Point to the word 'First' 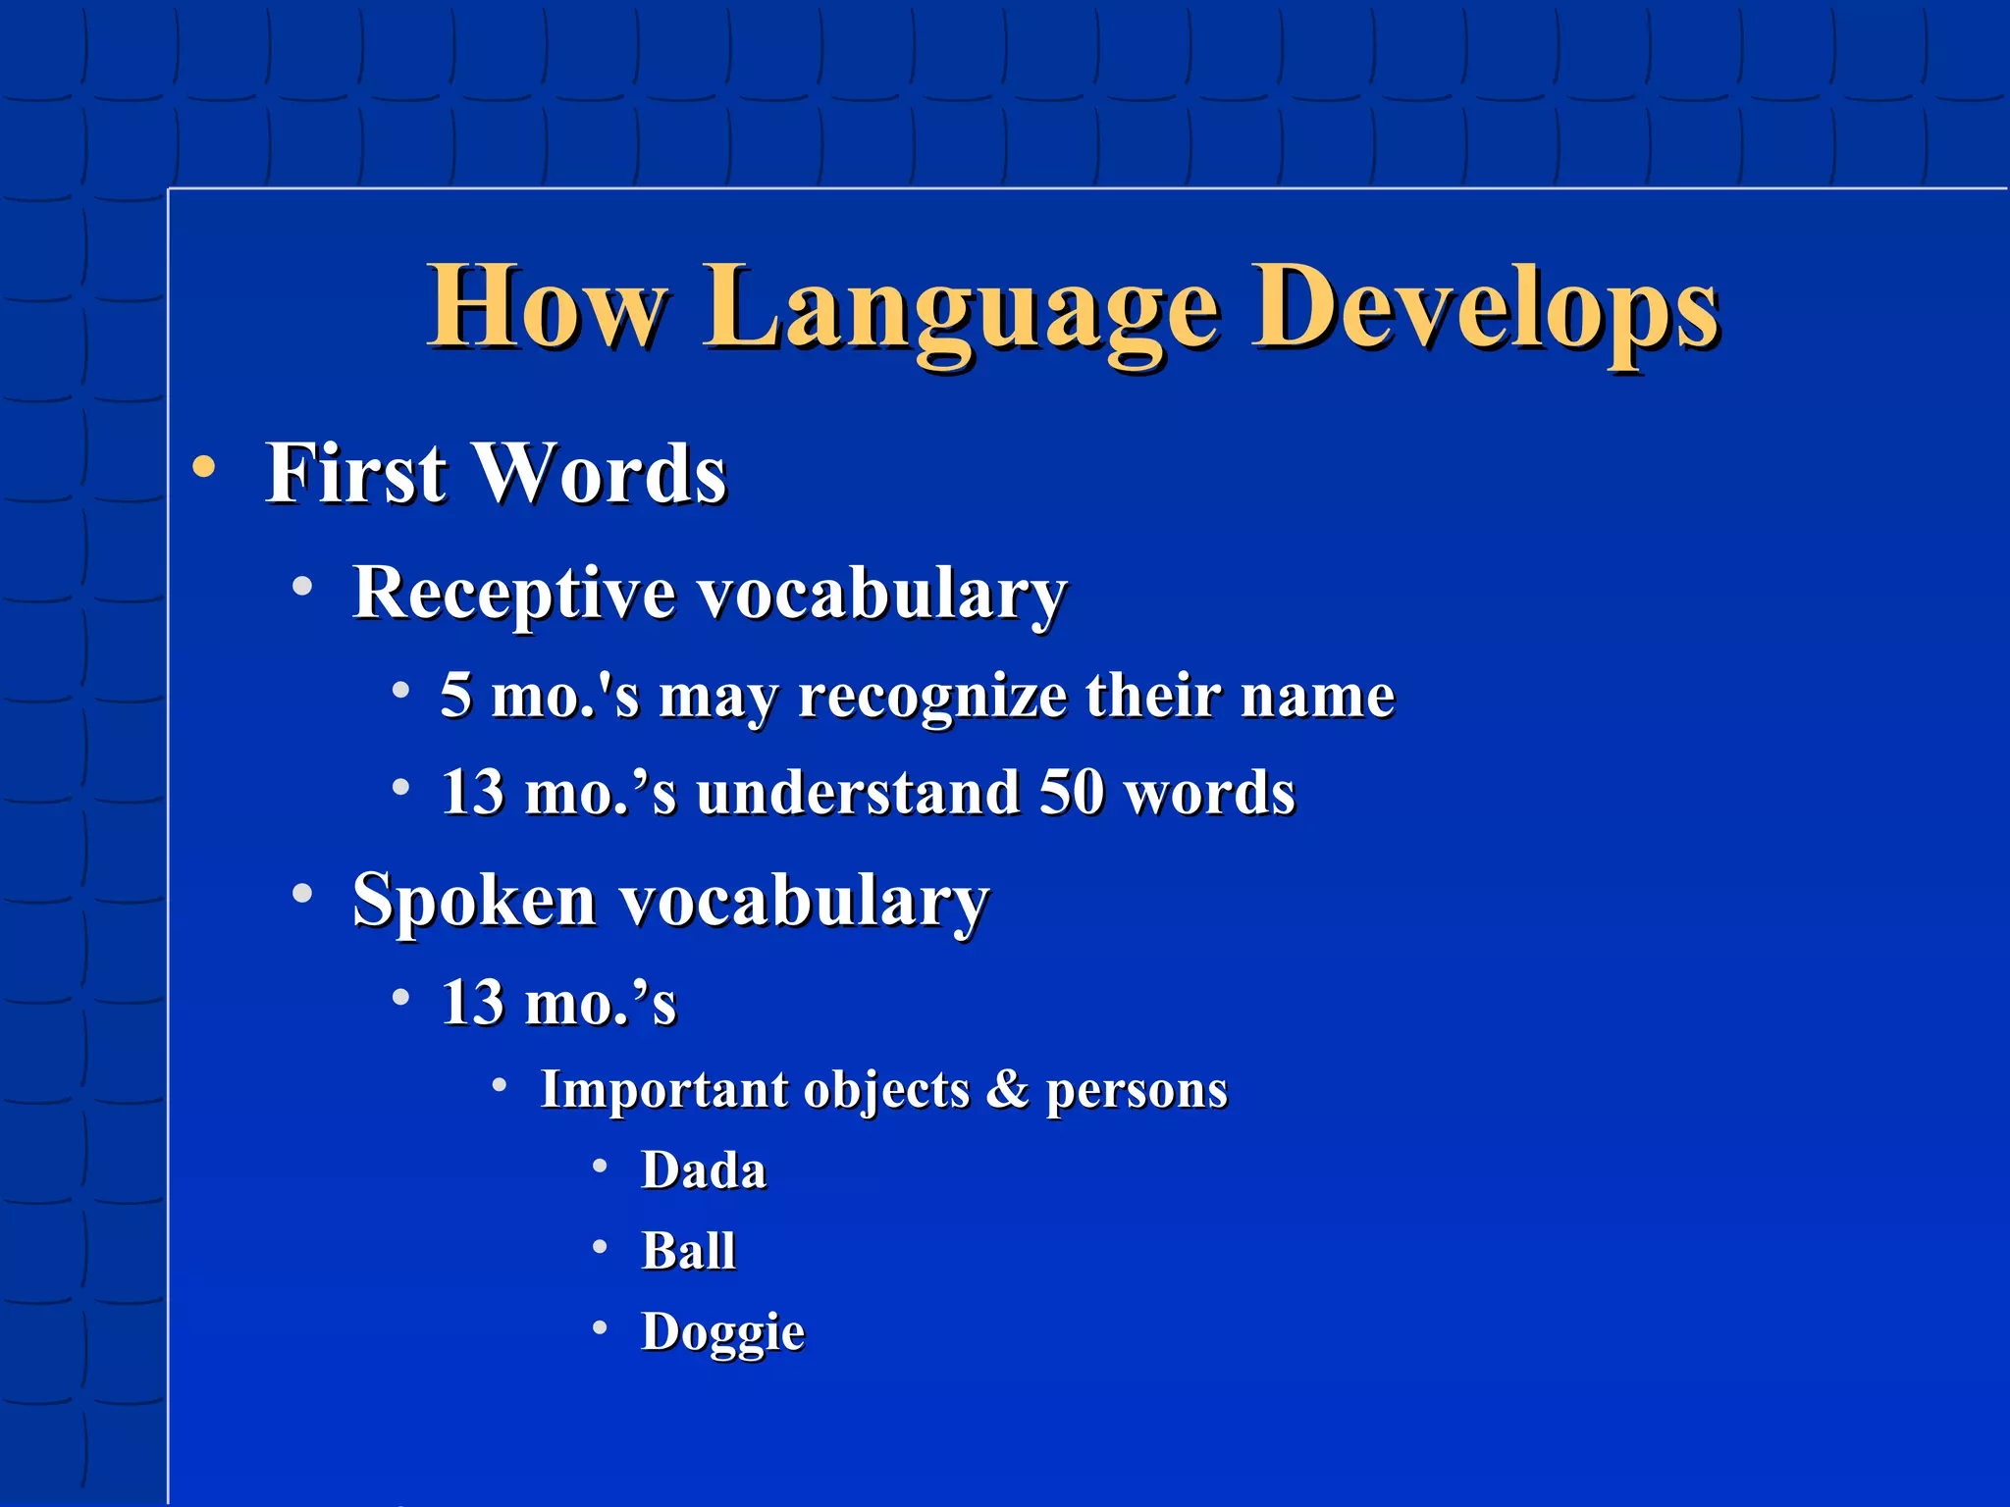355,474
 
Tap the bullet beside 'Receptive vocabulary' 303,587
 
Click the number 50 1072,792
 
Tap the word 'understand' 858,793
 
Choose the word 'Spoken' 475,901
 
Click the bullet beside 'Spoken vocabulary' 303,894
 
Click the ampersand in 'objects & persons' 1007,1089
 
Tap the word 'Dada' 704,1170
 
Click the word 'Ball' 689,1251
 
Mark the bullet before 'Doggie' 601,1327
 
